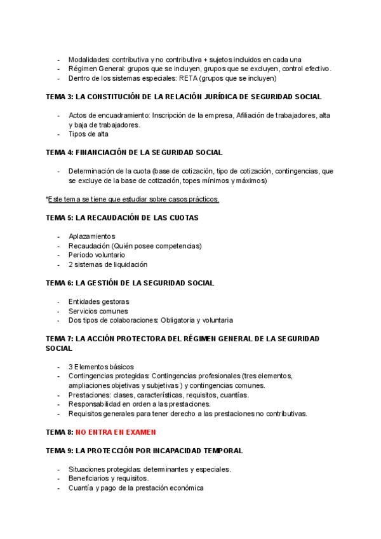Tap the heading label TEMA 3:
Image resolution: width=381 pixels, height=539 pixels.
[x=60, y=97]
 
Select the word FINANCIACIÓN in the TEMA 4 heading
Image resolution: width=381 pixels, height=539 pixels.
[x=102, y=153]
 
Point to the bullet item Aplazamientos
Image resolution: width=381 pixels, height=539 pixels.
[x=92, y=236]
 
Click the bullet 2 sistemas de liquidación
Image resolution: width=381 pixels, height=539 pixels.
[x=108, y=264]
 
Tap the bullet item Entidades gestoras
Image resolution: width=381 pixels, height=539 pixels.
[x=98, y=301]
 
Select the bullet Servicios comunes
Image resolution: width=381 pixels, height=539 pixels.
[x=98, y=311]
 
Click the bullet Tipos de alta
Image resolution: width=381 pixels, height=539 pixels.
[x=88, y=134]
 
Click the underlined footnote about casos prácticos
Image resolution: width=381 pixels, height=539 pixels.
[x=133, y=199]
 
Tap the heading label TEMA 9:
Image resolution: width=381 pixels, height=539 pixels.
[x=60, y=451]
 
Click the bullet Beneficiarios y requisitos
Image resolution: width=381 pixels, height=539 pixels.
[x=109, y=479]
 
